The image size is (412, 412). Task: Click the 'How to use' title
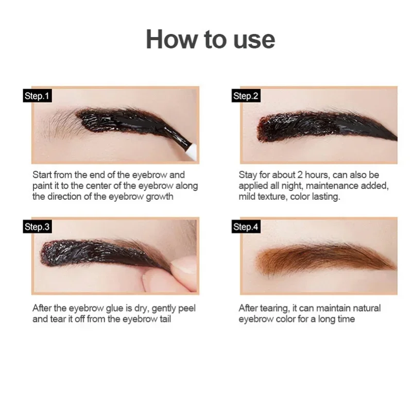coord(210,40)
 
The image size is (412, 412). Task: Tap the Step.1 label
coord(38,96)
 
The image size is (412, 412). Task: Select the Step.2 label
coord(245,96)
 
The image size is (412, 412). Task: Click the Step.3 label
coord(38,227)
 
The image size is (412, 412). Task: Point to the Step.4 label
coord(245,227)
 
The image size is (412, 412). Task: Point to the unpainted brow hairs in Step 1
coord(59,124)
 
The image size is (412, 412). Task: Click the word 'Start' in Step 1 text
coord(43,175)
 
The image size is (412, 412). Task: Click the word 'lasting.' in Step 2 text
coord(323,197)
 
